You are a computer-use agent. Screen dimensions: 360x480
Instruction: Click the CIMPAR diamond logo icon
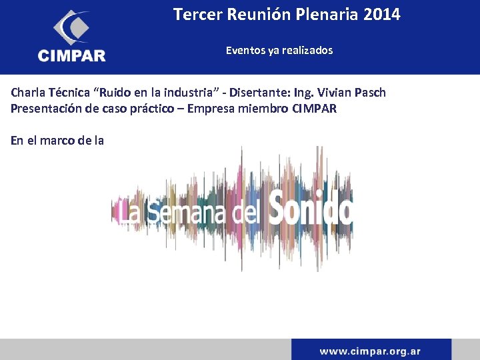(71, 27)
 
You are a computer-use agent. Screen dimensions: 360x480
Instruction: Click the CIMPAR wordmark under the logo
(72, 56)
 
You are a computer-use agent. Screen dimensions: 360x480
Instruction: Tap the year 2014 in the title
(382, 14)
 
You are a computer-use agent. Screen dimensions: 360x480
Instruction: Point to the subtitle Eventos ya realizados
(279, 50)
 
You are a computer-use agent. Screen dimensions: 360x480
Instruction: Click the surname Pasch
(369, 93)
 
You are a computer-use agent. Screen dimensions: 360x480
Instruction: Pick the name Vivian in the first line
(329, 93)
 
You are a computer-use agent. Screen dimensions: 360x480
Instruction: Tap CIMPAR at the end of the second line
(315, 108)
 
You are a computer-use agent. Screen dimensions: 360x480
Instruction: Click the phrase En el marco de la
(57, 140)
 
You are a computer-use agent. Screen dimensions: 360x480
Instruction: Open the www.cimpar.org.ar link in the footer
(370, 351)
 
